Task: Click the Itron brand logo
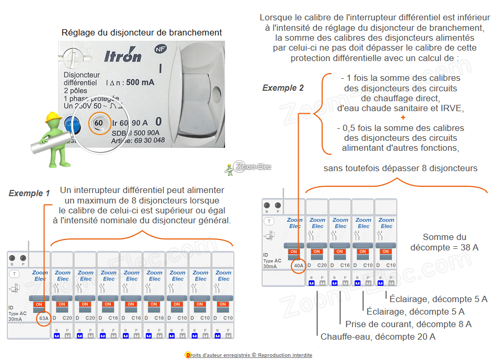[123, 55]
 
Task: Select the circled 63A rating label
[43, 318]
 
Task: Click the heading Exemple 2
[283, 88]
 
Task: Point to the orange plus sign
[403, 118]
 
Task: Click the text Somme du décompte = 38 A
[444, 242]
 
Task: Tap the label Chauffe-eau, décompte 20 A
[378, 337]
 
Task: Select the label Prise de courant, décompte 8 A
[408, 324]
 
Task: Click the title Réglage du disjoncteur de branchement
[141, 33]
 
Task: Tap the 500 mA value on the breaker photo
[140, 82]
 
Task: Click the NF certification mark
[160, 50]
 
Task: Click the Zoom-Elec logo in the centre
[251, 167]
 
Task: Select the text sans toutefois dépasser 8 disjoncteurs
[400, 168]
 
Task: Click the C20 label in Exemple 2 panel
[322, 265]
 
